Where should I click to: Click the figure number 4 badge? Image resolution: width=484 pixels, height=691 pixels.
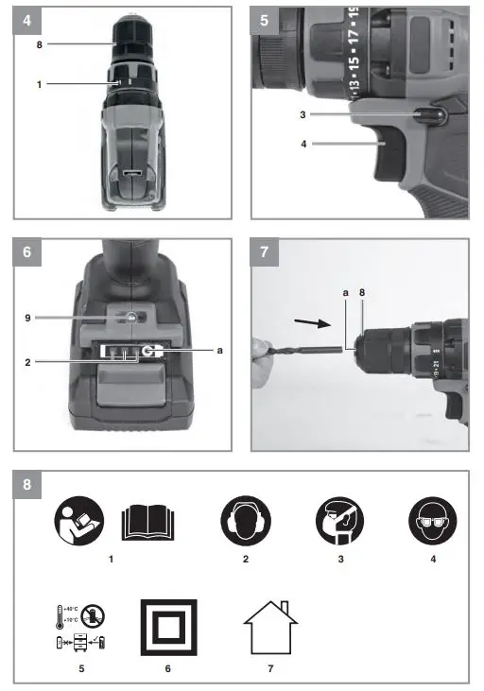tap(26, 19)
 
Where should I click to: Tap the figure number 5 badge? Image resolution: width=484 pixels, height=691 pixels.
tap(265, 19)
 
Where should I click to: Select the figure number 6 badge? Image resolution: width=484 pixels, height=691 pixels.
tap(26, 252)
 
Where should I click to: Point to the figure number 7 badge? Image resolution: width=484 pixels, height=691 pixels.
tap(265, 252)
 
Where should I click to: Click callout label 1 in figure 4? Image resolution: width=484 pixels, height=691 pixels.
tap(40, 84)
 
